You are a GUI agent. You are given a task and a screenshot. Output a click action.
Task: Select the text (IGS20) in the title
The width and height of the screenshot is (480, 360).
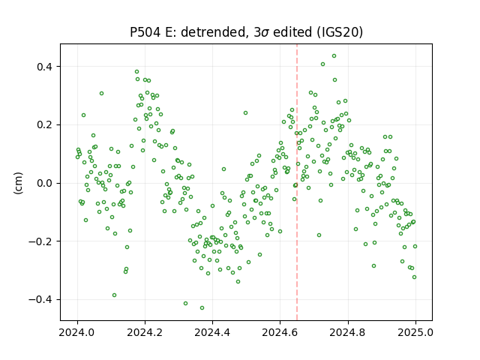tap(340, 32)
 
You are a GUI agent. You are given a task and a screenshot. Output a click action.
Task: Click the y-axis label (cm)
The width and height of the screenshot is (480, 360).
tap(18, 183)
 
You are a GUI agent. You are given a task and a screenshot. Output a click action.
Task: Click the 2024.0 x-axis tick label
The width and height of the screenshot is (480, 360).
tap(77, 332)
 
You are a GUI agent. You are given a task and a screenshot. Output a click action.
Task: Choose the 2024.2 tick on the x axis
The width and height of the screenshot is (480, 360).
tap(145, 332)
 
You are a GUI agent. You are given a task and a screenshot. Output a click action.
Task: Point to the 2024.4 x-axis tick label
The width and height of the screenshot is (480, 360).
tap(212, 332)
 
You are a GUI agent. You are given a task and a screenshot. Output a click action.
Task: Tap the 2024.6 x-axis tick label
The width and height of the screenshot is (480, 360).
tap(280, 332)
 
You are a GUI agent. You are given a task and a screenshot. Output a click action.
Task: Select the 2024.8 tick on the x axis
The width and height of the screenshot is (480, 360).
tap(348, 332)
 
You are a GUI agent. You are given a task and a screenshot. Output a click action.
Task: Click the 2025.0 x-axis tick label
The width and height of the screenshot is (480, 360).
tap(415, 332)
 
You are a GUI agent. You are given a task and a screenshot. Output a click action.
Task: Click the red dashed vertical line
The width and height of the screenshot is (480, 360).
tap(297, 182)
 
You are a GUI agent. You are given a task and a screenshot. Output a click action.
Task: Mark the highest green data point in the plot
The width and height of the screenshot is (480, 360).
tap(334, 56)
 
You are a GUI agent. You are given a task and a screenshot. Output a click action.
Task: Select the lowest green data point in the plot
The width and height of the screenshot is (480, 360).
tap(202, 308)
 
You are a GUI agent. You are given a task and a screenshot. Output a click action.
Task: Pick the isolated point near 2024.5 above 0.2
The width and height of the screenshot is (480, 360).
tap(245, 113)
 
